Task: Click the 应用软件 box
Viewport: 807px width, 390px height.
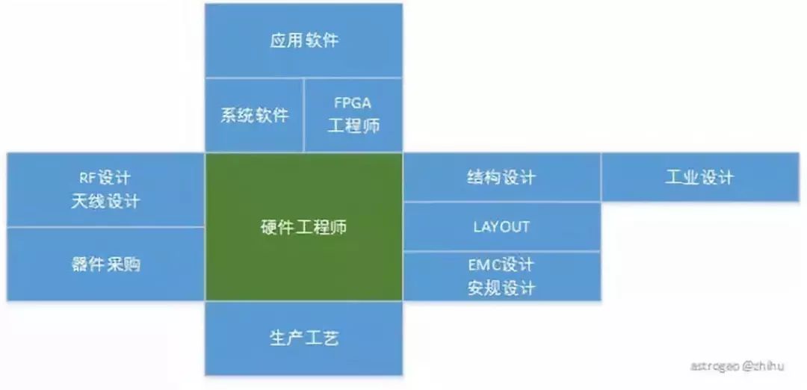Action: click(x=303, y=40)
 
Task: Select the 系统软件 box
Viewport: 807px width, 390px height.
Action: click(x=254, y=115)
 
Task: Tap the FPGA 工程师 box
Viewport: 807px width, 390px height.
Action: click(x=353, y=115)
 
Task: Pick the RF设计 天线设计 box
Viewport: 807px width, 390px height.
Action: click(x=105, y=190)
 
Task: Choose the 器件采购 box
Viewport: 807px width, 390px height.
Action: click(x=105, y=264)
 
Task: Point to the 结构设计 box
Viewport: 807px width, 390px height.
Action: click(x=501, y=178)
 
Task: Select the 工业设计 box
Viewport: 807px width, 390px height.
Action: click(x=699, y=178)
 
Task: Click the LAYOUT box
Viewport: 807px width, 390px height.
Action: click(x=501, y=226)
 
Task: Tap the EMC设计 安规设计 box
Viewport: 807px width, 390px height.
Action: click(x=501, y=276)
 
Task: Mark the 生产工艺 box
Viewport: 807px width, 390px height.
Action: click(x=303, y=338)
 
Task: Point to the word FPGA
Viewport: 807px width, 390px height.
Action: click(x=353, y=104)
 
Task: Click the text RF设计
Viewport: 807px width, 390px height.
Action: click(x=105, y=178)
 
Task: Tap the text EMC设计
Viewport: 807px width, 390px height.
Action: click(x=501, y=265)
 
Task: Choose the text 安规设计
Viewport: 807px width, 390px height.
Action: click(x=501, y=288)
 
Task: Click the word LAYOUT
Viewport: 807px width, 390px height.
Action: click(x=501, y=226)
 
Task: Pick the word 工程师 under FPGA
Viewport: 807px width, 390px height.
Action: click(x=353, y=126)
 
